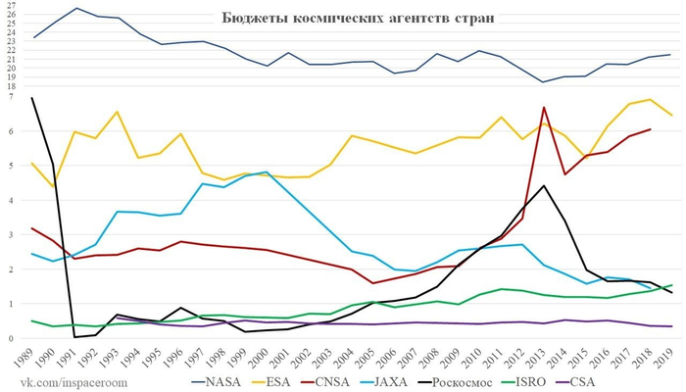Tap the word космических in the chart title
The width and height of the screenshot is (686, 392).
[339, 19]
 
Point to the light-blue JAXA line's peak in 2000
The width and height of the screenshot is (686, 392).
[267, 172]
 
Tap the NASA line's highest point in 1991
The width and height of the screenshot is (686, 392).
[76, 9]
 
